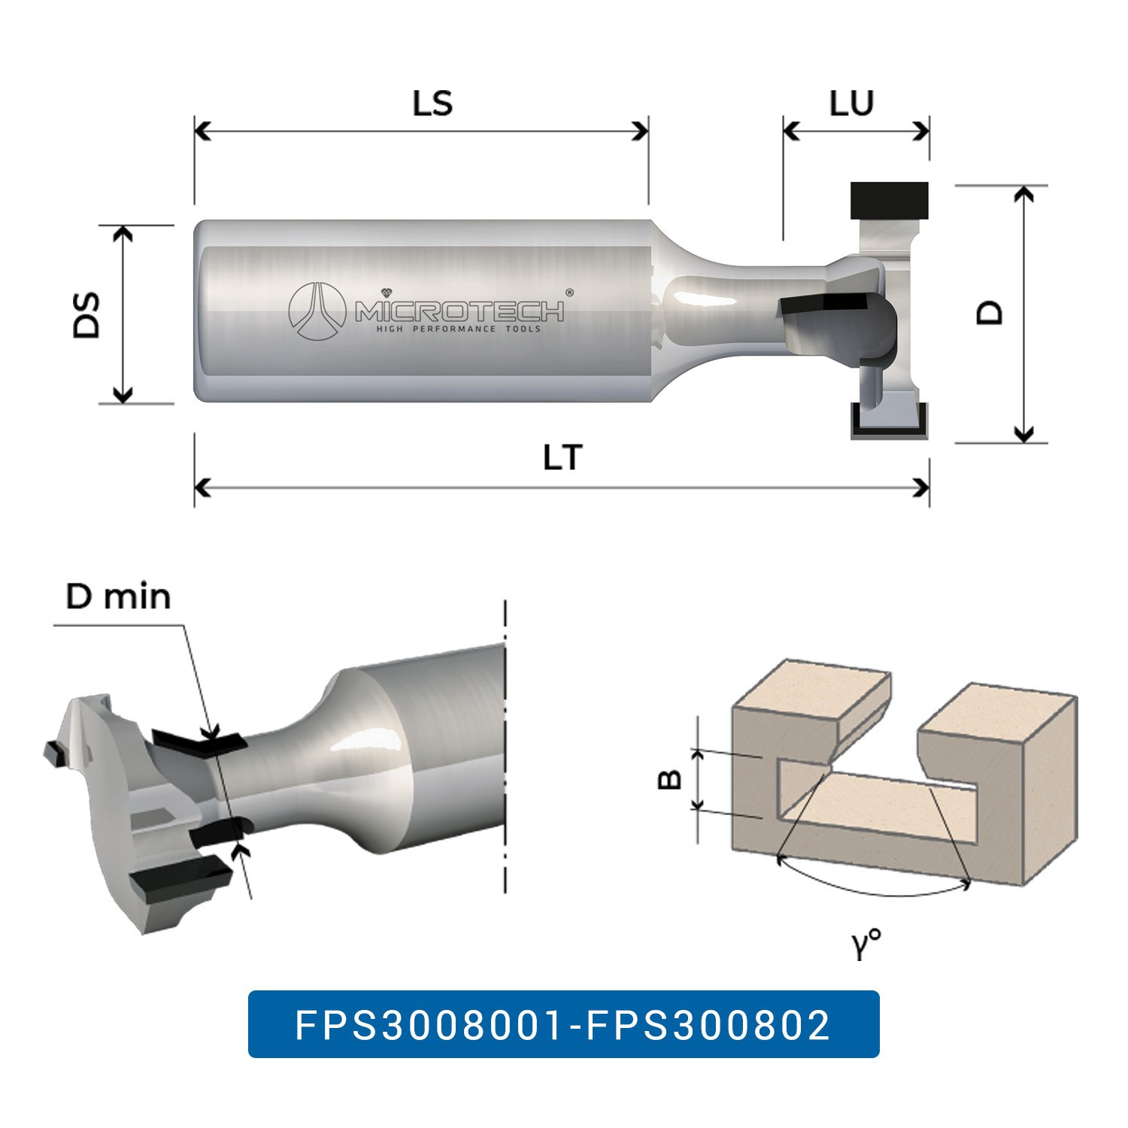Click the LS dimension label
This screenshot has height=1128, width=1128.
432,104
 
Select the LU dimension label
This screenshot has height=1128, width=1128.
851,104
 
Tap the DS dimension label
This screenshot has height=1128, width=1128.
87,315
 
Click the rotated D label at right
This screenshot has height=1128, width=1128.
990,313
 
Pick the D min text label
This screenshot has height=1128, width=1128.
118,597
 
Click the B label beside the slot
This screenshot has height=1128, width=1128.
669,780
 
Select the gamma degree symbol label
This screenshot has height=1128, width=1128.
866,943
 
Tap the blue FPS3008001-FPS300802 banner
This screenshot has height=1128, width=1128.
563,1024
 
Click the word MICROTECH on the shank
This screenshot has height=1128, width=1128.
459,311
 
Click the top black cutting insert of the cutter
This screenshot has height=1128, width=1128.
889,199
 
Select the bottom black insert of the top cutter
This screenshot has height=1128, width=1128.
889,422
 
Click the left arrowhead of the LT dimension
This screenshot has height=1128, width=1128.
202,488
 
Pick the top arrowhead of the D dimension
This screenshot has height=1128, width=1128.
1023,195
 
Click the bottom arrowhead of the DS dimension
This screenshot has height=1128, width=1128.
123,395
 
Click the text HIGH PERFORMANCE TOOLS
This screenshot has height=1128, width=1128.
458,329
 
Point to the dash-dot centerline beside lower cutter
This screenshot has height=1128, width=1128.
505,752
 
